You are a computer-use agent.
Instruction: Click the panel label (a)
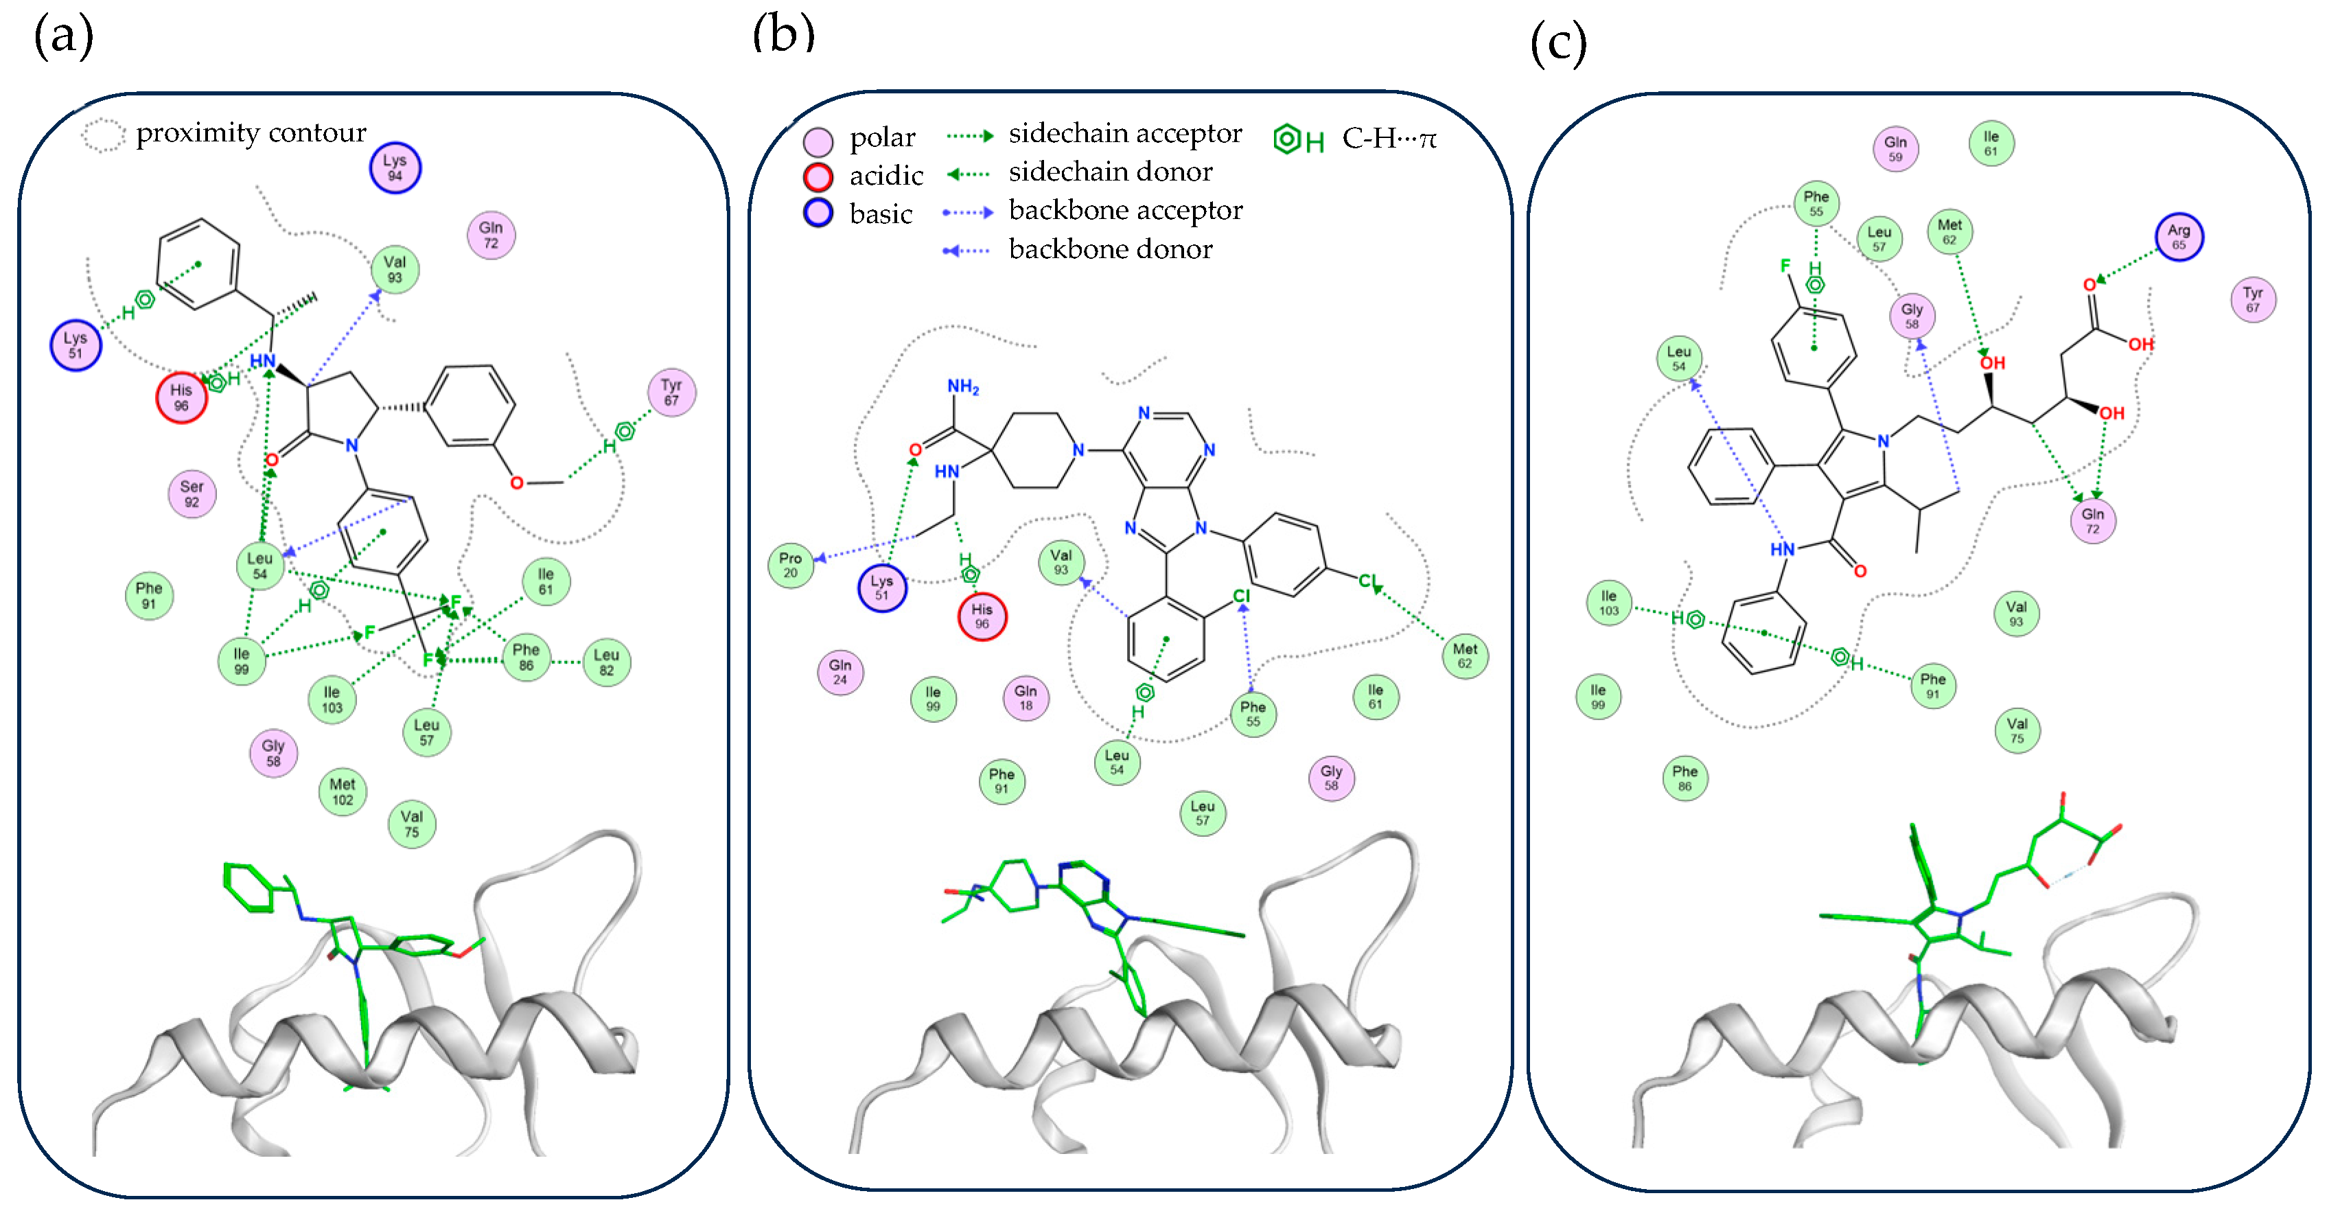(63, 38)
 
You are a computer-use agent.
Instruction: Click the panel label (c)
(1557, 43)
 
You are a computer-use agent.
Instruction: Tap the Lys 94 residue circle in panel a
(395, 168)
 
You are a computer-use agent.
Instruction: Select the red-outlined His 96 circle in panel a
(182, 397)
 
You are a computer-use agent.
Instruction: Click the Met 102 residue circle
(343, 792)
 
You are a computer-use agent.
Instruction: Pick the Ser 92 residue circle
(192, 494)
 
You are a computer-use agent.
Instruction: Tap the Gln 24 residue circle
(840, 672)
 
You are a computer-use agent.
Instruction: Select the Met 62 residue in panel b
(1465, 656)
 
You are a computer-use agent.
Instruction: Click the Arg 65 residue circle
(2179, 237)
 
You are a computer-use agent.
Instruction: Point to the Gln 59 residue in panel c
(1895, 149)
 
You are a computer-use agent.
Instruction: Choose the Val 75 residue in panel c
(2017, 730)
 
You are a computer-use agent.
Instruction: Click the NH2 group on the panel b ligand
(963, 387)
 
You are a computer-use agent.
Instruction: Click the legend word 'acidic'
(886, 176)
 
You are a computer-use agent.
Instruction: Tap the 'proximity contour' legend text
(251, 133)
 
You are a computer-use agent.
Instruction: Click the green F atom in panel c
(1785, 265)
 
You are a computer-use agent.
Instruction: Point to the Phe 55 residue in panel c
(1816, 203)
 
